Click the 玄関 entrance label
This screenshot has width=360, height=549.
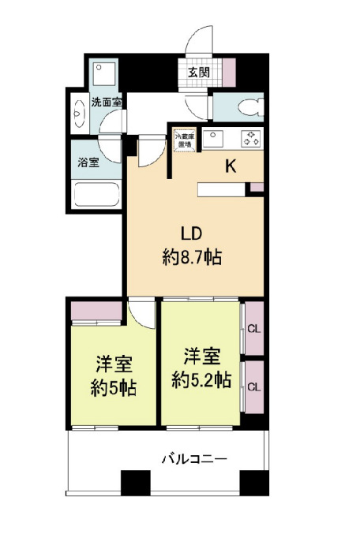coord(198,73)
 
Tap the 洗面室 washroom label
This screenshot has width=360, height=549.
coord(106,102)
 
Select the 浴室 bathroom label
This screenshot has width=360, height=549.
coord(88,163)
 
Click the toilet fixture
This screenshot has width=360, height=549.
coord(246,108)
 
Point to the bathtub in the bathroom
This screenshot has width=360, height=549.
coord(95,194)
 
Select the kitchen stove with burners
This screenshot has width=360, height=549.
coord(251,139)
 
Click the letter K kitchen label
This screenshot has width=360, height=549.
coord(231,166)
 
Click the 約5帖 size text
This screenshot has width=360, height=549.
coord(114,387)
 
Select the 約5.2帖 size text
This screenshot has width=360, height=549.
coord(202,379)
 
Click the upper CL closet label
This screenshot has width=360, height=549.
coord(253,329)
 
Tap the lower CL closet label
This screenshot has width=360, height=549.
coord(253,387)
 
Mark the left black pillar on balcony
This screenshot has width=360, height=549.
coord(134,481)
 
